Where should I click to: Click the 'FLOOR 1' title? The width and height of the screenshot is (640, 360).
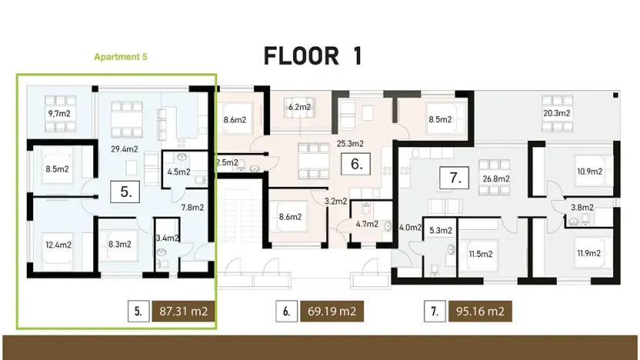(x=312, y=56)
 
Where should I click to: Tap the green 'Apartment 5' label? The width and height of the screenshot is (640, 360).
(x=119, y=57)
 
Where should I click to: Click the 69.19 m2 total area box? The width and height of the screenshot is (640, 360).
(x=332, y=312)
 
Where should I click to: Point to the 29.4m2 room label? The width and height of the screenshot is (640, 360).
(x=124, y=149)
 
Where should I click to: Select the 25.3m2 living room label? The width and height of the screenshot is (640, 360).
(x=349, y=143)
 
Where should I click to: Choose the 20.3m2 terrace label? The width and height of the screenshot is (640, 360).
(x=556, y=114)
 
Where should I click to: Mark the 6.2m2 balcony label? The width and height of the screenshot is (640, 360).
(x=299, y=108)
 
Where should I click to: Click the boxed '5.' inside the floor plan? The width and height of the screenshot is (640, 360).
(x=126, y=192)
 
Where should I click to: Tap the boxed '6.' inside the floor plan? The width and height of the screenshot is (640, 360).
(x=355, y=163)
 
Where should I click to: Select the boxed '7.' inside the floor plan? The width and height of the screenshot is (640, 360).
(x=455, y=178)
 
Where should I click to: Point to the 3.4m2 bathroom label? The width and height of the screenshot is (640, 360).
(x=167, y=238)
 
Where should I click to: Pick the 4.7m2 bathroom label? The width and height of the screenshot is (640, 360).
(x=366, y=225)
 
